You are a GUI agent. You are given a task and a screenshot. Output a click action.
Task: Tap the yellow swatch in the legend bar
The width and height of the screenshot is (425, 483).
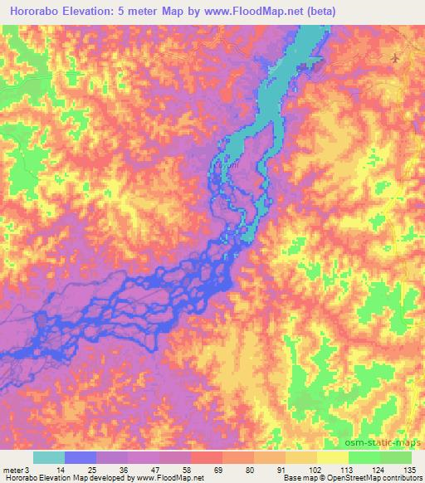pos(332,457)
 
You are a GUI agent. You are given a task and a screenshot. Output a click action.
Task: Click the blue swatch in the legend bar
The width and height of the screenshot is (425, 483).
pos(80,457)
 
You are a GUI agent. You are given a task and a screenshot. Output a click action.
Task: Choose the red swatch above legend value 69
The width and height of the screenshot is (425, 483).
pos(206,457)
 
